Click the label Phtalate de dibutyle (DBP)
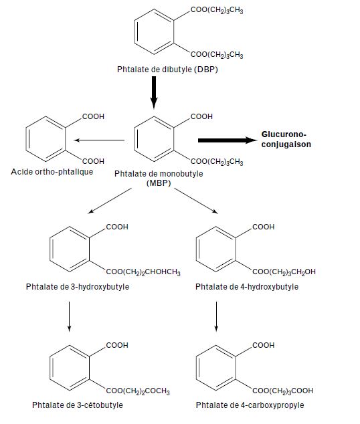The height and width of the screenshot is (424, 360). (167, 70)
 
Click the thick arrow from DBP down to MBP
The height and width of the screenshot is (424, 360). (154, 92)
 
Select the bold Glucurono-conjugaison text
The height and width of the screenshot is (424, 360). (286, 139)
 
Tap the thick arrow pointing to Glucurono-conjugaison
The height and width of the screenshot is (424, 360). (228, 140)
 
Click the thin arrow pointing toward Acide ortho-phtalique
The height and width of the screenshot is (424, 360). (99, 140)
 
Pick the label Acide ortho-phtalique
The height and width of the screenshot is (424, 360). (52, 172)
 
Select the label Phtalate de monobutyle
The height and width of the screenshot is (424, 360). (159, 174)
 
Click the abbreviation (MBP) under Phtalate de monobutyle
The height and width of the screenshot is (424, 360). (159, 183)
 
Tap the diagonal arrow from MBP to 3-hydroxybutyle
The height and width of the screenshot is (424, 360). (110, 201)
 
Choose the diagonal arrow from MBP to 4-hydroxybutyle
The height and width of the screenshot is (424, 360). (196, 201)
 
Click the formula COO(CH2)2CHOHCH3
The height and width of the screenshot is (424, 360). (143, 272)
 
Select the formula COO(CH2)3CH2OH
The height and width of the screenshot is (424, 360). (284, 272)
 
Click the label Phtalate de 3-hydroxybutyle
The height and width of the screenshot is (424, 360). (78, 287)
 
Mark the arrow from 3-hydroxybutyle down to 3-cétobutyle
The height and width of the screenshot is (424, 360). (69, 316)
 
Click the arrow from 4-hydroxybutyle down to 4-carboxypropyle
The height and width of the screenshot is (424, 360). (216, 316)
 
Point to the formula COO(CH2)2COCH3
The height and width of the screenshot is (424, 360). (138, 391)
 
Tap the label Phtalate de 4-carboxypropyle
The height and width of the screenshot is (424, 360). (250, 405)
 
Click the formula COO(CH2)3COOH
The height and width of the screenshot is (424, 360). (282, 391)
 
